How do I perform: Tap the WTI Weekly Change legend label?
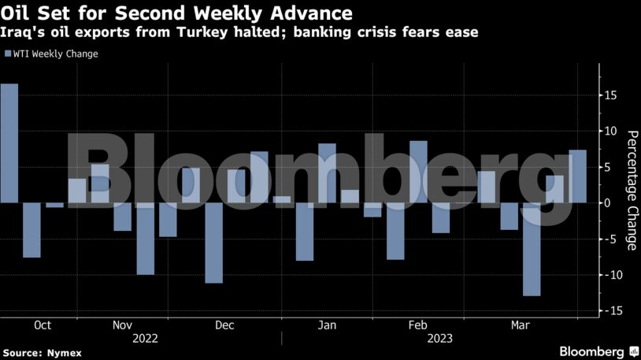pos(55,54)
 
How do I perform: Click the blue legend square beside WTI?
pos(7,54)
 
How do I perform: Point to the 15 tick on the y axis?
pos(611,95)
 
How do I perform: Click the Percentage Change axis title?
pos(631,190)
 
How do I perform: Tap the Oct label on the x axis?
pos(43,325)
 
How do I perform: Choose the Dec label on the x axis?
pos(224,325)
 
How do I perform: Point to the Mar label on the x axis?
pos(520,325)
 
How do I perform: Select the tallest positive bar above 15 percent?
pos(9,143)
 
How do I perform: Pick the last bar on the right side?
pos(577,176)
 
